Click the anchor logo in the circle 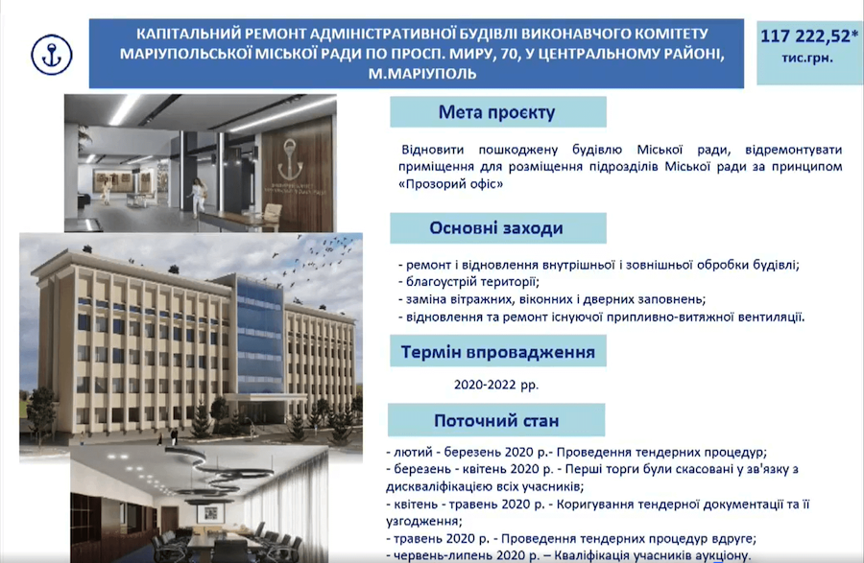[51, 54]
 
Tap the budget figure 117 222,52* [807, 36]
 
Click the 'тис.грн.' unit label [807, 58]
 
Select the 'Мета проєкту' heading [496, 111]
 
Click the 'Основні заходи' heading [496, 228]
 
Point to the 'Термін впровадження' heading [497, 352]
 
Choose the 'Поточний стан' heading [496, 420]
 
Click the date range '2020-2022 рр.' [496, 385]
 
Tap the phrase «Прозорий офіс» [451, 184]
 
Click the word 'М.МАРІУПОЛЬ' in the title [422, 73]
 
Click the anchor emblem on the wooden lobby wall [290, 159]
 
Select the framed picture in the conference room [210, 513]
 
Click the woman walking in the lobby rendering [197, 197]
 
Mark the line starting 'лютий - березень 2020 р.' [576, 453]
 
